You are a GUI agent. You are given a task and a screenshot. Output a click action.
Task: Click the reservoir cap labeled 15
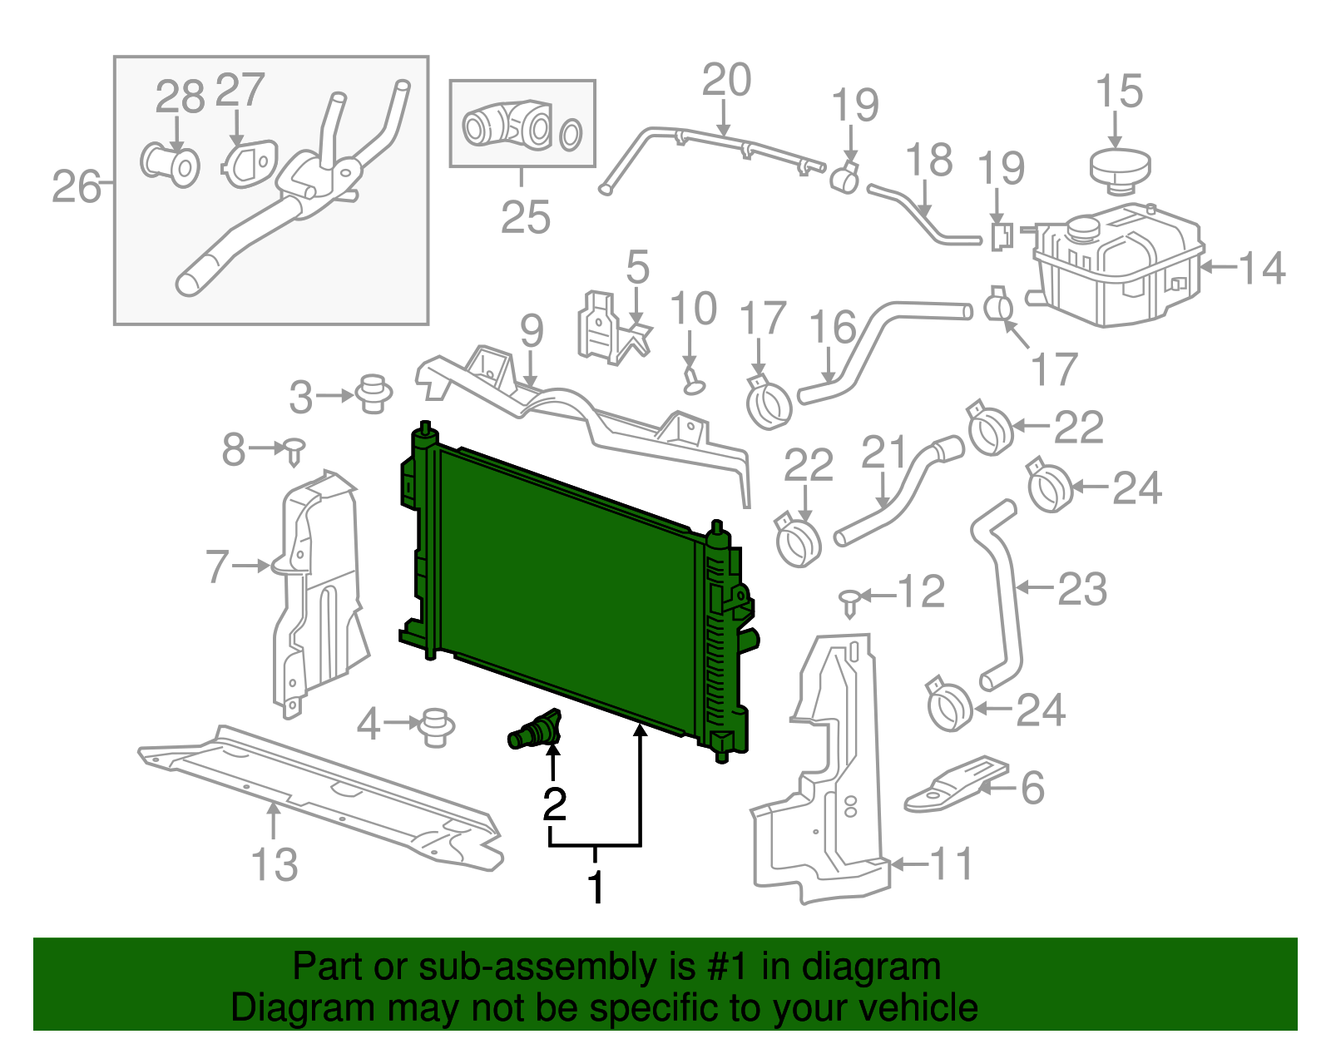pyautogui.click(x=1120, y=165)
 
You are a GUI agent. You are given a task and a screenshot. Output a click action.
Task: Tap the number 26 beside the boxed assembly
pyautogui.click(x=76, y=186)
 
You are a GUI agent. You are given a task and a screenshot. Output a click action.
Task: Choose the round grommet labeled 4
pyautogui.click(x=433, y=726)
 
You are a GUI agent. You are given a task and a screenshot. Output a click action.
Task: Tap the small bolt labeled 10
pyautogui.click(x=691, y=379)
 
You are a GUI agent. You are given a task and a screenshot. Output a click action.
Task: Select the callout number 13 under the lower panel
pyautogui.click(x=275, y=864)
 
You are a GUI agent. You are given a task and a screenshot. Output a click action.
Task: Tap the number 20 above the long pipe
pyautogui.click(x=726, y=81)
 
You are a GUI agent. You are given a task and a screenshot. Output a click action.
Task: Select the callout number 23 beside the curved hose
pyautogui.click(x=1081, y=589)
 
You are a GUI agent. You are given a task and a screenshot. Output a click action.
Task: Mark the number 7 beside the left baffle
pyautogui.click(x=217, y=567)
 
